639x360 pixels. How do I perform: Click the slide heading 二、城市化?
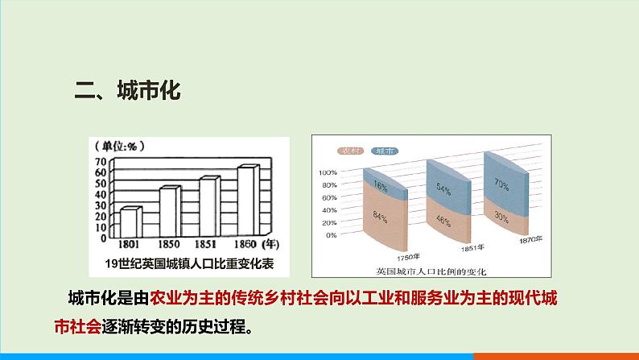click(x=128, y=90)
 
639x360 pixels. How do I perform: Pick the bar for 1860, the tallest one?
click(x=248, y=199)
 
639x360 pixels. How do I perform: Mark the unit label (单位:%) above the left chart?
click(x=118, y=146)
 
